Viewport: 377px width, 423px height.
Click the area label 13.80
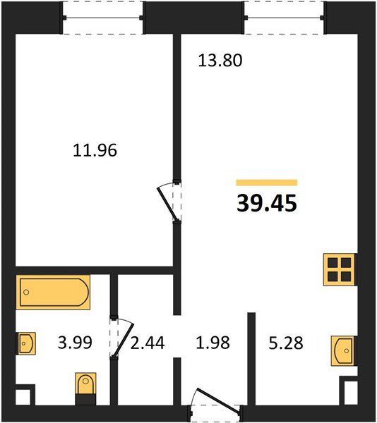pos(220,61)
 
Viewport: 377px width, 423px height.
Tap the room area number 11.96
pos(95,150)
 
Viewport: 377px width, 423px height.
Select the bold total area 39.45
pos(267,203)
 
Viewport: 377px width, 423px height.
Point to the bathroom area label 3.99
pos(75,343)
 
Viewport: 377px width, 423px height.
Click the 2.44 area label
pos(148,343)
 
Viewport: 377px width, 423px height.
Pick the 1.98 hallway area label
pos(213,343)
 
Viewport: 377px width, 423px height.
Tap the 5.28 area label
pos(286,343)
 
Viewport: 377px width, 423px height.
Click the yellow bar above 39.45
pos(267,183)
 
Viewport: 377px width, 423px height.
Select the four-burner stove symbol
pos(339,269)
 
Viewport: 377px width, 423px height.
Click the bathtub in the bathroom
pos(53,292)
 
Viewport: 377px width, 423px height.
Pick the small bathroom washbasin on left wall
pos(26,343)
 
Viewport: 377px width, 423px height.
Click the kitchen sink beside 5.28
pos(343,350)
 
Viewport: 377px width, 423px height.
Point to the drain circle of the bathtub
pos(26,292)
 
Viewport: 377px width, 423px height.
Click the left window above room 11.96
pos(103,18)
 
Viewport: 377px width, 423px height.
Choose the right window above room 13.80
pos(284,18)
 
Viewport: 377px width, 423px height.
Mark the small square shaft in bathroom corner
pos(23,397)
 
